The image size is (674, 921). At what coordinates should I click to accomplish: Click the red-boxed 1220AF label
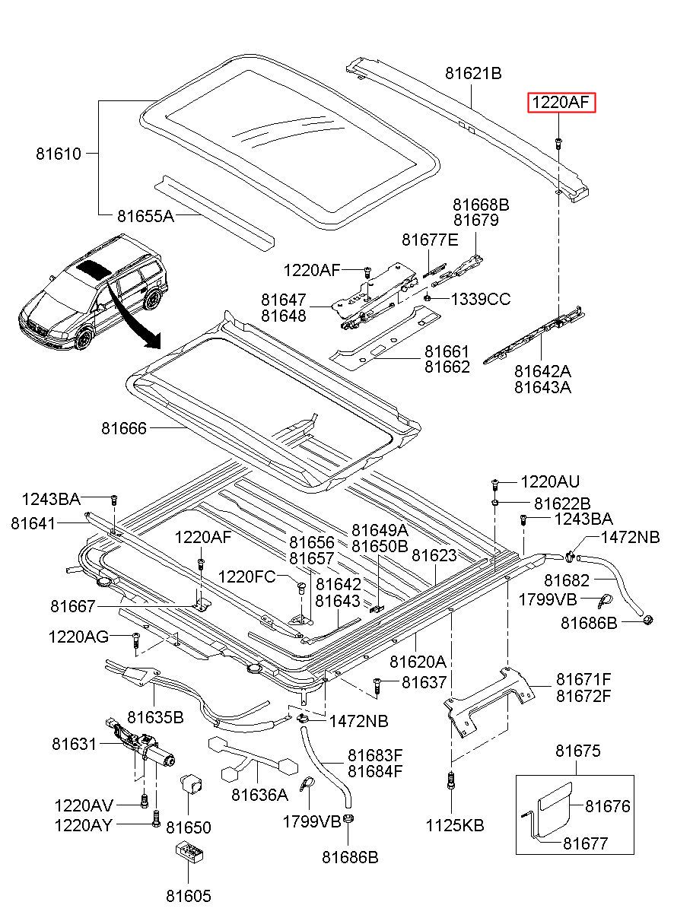point(561,103)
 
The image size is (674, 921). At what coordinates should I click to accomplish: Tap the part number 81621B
point(473,74)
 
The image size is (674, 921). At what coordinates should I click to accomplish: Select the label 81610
point(59,154)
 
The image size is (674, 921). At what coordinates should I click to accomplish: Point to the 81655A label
point(145,216)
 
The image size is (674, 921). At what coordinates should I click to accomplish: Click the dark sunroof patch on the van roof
point(93,269)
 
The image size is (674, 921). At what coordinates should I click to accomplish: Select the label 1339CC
point(481,299)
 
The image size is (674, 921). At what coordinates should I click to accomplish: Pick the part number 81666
point(124,428)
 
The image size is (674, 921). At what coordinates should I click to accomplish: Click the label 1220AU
point(550,481)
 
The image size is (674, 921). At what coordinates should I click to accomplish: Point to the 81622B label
point(562,503)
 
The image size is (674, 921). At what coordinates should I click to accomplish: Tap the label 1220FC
point(246,576)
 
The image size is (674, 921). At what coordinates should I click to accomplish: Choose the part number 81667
point(73,606)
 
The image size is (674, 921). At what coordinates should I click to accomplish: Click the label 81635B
point(155,717)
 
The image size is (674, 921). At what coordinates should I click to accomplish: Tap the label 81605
point(189,896)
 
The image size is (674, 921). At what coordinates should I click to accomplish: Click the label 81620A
point(418,662)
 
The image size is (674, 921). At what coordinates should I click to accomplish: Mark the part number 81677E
point(430,240)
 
